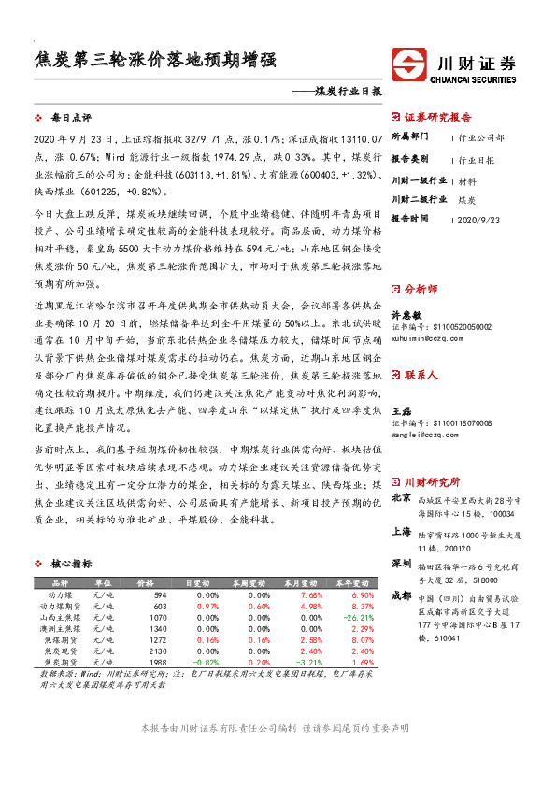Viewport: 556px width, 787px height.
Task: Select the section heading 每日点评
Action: (71, 119)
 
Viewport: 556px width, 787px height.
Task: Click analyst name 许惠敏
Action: (403, 316)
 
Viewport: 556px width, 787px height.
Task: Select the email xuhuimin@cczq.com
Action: (427, 339)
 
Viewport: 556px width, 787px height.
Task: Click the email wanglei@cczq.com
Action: (424, 435)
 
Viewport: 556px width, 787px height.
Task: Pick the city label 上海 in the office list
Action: (401, 531)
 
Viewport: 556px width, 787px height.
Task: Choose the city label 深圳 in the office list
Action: (401, 565)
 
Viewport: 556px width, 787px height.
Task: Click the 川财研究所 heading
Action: (432, 482)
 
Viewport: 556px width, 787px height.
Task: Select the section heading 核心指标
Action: (71, 565)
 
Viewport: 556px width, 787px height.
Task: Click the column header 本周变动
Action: (250, 582)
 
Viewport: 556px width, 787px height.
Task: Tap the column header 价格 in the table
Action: (146, 582)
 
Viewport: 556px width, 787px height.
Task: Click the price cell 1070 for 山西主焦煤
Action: (157, 618)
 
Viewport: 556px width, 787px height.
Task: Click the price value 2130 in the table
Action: (157, 651)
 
